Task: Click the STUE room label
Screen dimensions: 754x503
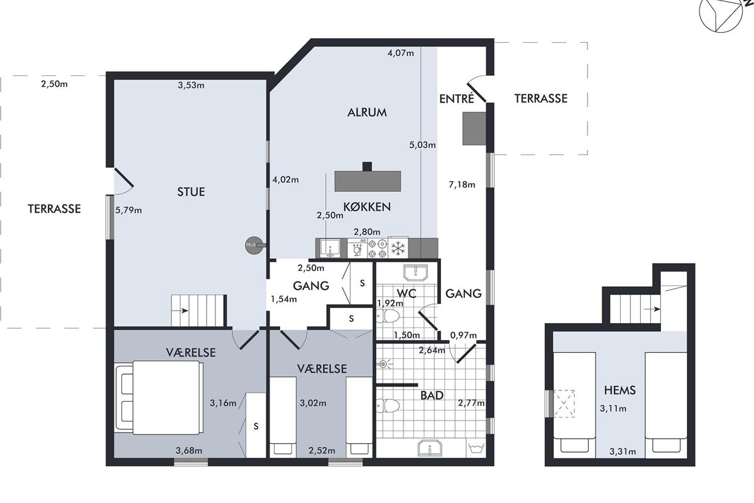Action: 191,192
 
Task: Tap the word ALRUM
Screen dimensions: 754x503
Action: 367,112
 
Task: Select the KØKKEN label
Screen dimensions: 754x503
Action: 367,206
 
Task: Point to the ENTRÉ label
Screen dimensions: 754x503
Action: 456,99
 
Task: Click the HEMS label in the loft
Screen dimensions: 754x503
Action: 620,390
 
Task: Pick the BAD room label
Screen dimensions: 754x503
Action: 432,395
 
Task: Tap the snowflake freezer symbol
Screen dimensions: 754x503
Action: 398,248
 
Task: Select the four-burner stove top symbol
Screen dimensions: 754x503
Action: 378,248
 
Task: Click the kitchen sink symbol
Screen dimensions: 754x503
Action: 331,248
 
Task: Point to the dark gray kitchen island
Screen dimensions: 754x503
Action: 368,180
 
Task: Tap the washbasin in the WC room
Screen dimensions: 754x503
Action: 416,272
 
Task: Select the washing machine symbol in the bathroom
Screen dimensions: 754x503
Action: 476,448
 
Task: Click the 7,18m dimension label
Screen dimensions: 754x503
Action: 462,185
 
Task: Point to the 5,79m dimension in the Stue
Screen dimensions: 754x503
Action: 128,210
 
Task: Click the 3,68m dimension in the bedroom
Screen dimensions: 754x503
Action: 189,450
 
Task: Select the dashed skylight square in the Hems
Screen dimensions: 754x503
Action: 564,404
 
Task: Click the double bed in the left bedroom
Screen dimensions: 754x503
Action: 159,397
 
